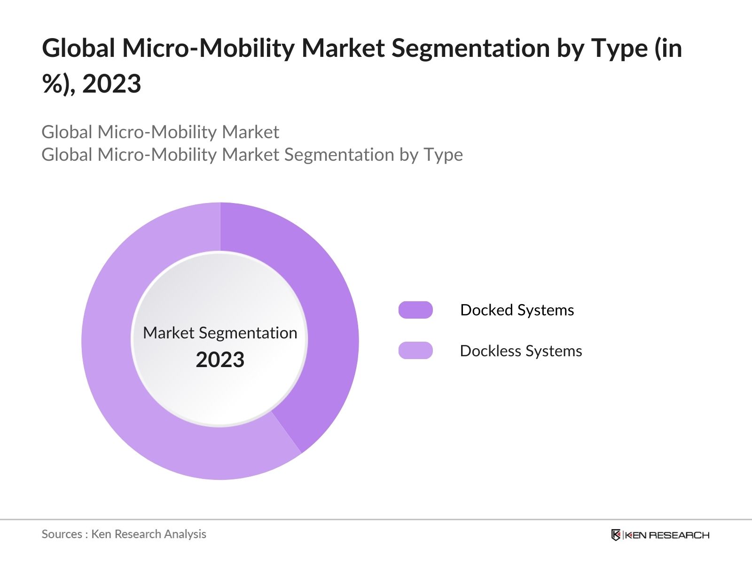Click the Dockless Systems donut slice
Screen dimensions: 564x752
click(122, 376)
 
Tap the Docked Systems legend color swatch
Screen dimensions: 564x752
click(415, 310)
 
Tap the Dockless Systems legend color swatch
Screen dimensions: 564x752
click(415, 351)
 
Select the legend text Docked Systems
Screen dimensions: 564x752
click(517, 310)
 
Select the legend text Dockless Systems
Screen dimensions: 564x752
click(521, 351)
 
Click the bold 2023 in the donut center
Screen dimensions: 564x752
click(220, 360)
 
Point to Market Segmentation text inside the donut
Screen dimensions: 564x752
click(220, 333)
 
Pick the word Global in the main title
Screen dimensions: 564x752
click(78, 48)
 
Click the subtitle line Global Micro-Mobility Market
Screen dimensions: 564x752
click(160, 132)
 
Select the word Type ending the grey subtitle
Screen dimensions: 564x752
click(443, 155)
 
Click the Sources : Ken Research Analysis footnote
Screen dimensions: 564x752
click(124, 534)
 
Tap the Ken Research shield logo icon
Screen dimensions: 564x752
click(616, 535)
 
